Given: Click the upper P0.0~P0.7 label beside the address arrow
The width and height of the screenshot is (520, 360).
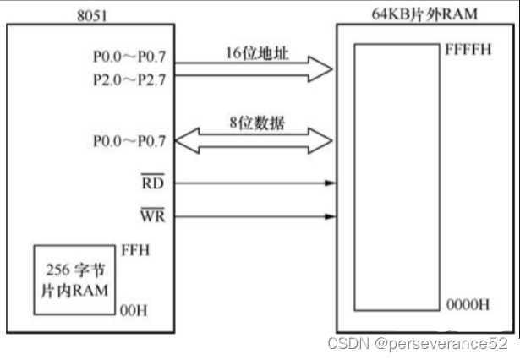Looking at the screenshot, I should point(127,60).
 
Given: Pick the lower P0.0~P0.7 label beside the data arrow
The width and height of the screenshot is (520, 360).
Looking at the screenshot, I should point(127,141).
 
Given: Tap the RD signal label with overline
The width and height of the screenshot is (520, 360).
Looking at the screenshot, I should point(153,182).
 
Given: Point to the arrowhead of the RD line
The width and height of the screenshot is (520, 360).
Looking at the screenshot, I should point(331,182).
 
